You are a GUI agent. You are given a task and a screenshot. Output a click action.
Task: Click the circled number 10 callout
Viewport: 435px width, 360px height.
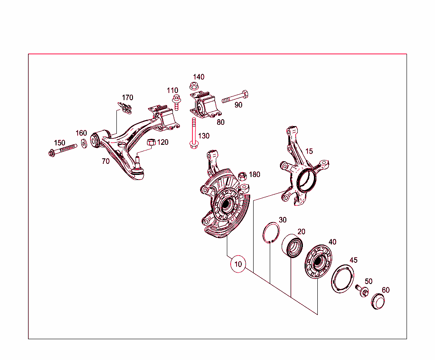tap(238, 264)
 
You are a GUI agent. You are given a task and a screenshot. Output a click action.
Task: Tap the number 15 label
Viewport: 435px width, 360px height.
tap(309, 151)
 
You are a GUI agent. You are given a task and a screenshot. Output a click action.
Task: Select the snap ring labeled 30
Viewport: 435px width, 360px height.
tap(270, 233)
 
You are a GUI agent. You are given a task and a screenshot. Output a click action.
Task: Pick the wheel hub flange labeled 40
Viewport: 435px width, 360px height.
tap(319, 262)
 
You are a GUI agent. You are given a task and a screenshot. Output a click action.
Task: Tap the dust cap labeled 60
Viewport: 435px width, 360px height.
tap(377, 302)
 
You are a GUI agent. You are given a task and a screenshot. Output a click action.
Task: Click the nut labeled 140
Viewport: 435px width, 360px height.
tap(193, 87)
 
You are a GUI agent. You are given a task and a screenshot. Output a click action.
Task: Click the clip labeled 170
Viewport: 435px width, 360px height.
tap(125, 108)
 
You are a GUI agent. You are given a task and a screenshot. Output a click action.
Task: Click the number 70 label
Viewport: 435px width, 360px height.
tap(105, 161)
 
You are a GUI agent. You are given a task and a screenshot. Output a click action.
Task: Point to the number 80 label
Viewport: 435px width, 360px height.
tap(220, 122)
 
